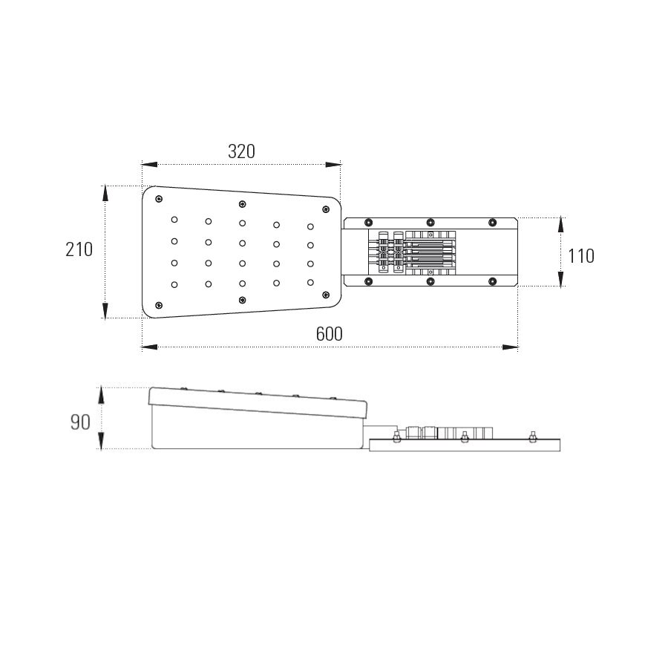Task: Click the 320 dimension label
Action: point(241,151)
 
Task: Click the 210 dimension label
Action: point(79,249)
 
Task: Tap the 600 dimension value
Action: point(330,334)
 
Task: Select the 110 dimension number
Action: point(581,256)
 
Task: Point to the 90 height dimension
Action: point(80,422)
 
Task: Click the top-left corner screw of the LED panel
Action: point(159,199)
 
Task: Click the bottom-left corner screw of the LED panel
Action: point(159,305)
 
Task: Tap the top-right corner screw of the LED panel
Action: point(326,209)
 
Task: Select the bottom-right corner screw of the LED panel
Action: point(326,295)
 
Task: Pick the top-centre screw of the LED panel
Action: point(242,204)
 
